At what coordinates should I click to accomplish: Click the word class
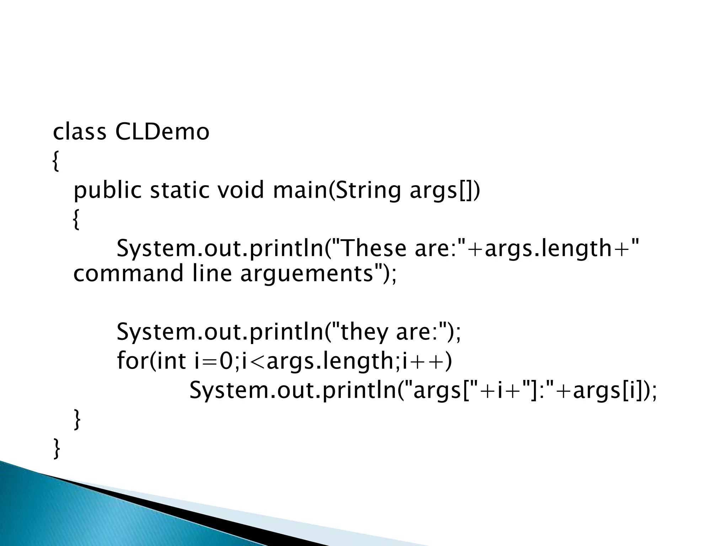[79, 132]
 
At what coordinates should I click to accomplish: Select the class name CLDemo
[162, 132]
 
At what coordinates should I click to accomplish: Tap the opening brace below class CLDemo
[55, 162]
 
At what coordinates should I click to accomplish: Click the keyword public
[107, 191]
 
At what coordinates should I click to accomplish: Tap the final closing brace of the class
[56, 449]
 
